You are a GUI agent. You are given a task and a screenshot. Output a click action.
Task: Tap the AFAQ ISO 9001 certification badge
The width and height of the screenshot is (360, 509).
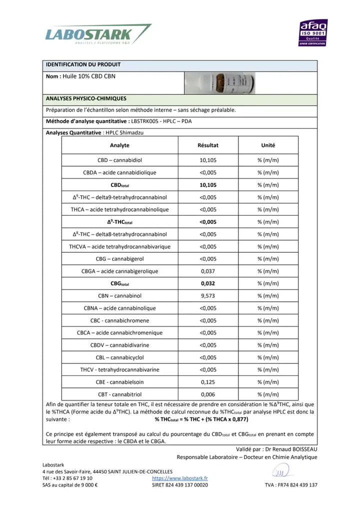[x=313, y=32]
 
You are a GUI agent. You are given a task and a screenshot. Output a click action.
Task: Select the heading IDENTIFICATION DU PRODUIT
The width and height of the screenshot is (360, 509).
[x=83, y=65]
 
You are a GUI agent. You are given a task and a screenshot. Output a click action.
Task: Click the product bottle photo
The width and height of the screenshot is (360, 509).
[x=219, y=83]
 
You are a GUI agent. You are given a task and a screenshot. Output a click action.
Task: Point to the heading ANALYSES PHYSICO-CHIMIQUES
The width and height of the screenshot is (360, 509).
[x=86, y=99]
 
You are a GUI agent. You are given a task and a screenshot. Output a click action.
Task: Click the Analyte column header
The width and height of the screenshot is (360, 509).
[x=119, y=145]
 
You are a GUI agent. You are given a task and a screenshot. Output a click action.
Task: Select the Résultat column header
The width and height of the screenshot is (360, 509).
[x=208, y=145]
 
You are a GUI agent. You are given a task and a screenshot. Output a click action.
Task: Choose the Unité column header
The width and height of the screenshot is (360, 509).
[x=268, y=145]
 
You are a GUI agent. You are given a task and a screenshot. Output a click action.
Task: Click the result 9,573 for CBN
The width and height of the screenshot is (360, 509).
[x=208, y=296]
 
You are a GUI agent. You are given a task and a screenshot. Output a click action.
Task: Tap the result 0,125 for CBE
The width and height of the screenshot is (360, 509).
[x=208, y=382]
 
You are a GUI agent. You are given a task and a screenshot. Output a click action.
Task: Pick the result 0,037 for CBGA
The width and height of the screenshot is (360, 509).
[x=208, y=271]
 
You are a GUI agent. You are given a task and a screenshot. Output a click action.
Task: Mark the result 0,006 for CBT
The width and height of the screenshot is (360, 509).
[x=208, y=394]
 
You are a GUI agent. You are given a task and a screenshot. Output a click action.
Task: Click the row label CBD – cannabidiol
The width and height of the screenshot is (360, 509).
[x=119, y=160]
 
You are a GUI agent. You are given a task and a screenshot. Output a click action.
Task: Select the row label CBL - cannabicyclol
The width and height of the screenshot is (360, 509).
[x=119, y=357]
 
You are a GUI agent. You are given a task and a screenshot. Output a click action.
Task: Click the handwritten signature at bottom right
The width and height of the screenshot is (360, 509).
[x=282, y=471]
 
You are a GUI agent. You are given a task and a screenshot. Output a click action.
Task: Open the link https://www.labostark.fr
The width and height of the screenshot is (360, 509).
[x=179, y=478]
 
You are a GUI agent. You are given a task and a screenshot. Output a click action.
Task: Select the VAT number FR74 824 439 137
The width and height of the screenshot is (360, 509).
[x=300, y=484]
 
